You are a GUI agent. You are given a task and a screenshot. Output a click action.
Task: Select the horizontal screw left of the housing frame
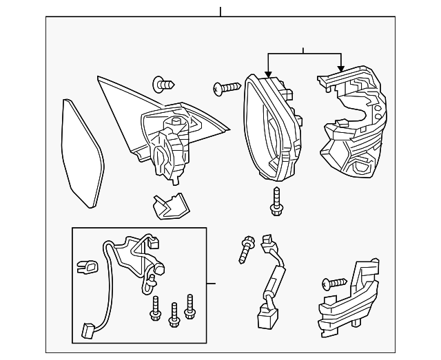[x=225, y=88]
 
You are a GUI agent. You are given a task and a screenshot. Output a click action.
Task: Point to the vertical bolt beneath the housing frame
[x=276, y=200]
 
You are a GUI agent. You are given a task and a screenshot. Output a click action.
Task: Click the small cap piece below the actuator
[x=167, y=204]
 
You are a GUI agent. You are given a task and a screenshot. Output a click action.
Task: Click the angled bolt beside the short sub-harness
[x=246, y=248]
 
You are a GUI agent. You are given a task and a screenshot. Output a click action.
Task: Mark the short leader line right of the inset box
[x=212, y=283]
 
